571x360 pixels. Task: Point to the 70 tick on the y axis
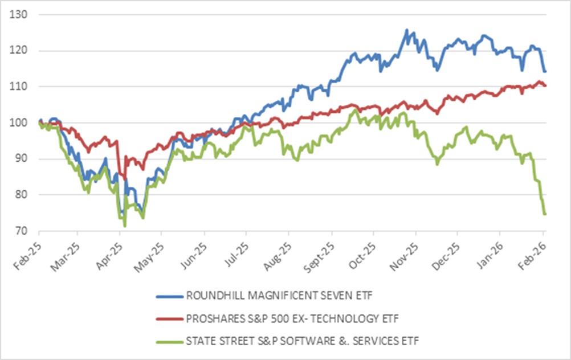click(21, 231)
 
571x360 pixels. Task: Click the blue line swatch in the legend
click(169, 296)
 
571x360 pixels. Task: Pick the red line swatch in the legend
click(169, 318)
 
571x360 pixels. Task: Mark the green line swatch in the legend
click(169, 341)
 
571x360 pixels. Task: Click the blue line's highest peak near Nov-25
click(406, 30)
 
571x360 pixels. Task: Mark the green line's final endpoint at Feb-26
click(545, 214)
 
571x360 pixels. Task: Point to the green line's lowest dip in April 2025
click(125, 226)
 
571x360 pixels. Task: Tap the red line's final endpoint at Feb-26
click(545, 85)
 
